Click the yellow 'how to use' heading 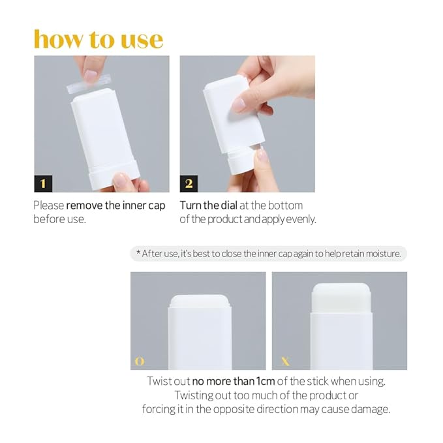98,39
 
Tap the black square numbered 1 43,182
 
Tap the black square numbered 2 189,182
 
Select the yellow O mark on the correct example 139,361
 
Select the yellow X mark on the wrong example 285,361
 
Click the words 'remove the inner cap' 115,206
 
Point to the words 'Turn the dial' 208,206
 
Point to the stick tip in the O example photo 199,301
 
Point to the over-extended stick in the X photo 341,297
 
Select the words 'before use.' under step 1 59,219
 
